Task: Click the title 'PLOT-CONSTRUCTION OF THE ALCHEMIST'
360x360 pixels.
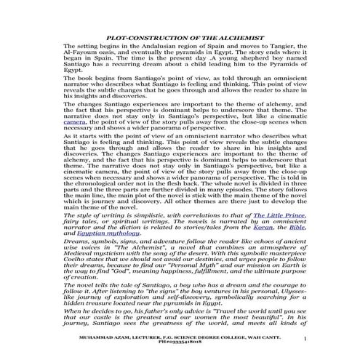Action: [180, 36]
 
